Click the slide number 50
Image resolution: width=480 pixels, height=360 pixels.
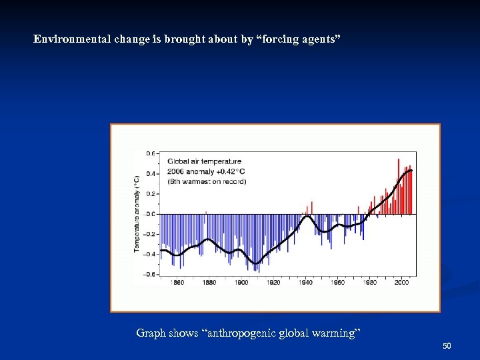pos(447,346)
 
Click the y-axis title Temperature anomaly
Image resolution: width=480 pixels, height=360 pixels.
pos(137,213)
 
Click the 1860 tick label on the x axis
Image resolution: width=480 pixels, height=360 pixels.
pos(177,283)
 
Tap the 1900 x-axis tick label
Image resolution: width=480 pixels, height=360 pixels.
pos(241,283)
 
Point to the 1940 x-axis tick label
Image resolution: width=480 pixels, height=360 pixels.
pos(305,283)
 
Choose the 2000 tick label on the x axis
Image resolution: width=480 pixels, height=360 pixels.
pos(401,283)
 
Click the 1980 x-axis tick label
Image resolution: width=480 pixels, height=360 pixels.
pos(369,283)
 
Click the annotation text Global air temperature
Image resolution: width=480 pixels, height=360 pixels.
pos(204,161)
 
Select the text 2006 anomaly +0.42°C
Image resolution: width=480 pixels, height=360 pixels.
pos(205,171)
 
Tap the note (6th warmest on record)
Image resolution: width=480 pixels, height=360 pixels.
pos(207,181)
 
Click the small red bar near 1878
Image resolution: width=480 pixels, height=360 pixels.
pos(206,213)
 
